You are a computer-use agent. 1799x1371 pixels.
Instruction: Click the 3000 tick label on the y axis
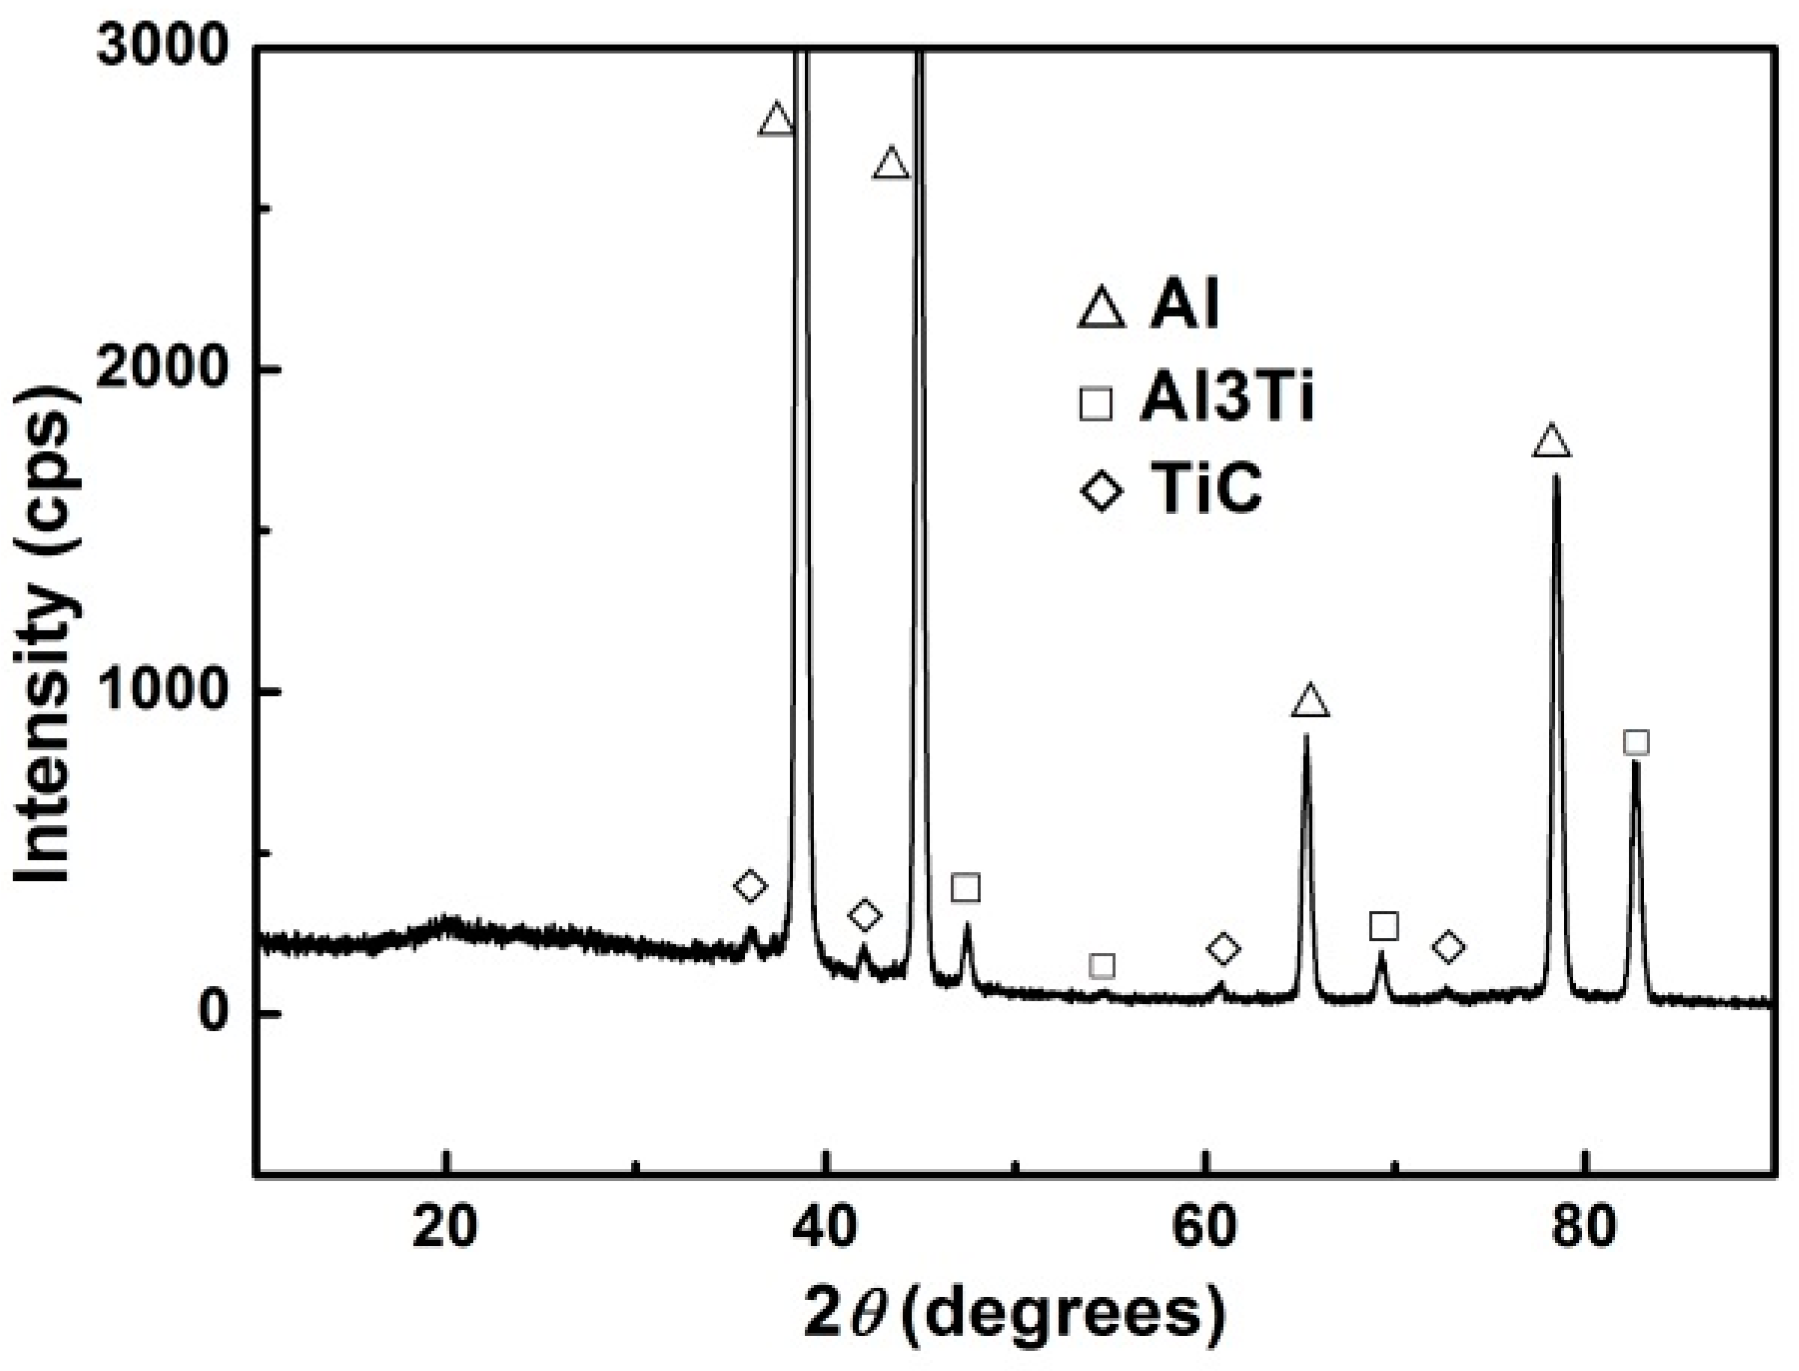(x=164, y=47)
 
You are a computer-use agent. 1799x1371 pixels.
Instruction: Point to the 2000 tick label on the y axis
(x=164, y=369)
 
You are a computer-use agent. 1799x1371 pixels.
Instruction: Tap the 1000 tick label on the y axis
(x=164, y=691)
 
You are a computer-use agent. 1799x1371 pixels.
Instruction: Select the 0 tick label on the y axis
(x=213, y=1013)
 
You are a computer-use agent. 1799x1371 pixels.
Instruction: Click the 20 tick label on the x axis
(x=447, y=1228)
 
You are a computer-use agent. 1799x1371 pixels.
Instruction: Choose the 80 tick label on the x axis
(x=1584, y=1228)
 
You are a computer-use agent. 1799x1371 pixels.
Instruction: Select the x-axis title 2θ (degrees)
(x=1014, y=1315)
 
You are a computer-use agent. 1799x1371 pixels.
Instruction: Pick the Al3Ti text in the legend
(x=1227, y=399)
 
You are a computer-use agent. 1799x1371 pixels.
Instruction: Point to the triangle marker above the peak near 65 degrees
(x=1310, y=702)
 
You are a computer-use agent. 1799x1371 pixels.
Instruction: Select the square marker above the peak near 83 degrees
(x=1636, y=742)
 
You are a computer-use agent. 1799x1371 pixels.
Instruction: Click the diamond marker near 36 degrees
(x=750, y=885)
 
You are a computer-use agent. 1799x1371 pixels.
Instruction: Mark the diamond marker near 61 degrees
(x=1223, y=949)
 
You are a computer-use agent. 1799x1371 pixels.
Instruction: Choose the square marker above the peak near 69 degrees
(x=1383, y=926)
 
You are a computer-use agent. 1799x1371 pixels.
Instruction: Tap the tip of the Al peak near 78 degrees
(x=1555, y=477)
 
